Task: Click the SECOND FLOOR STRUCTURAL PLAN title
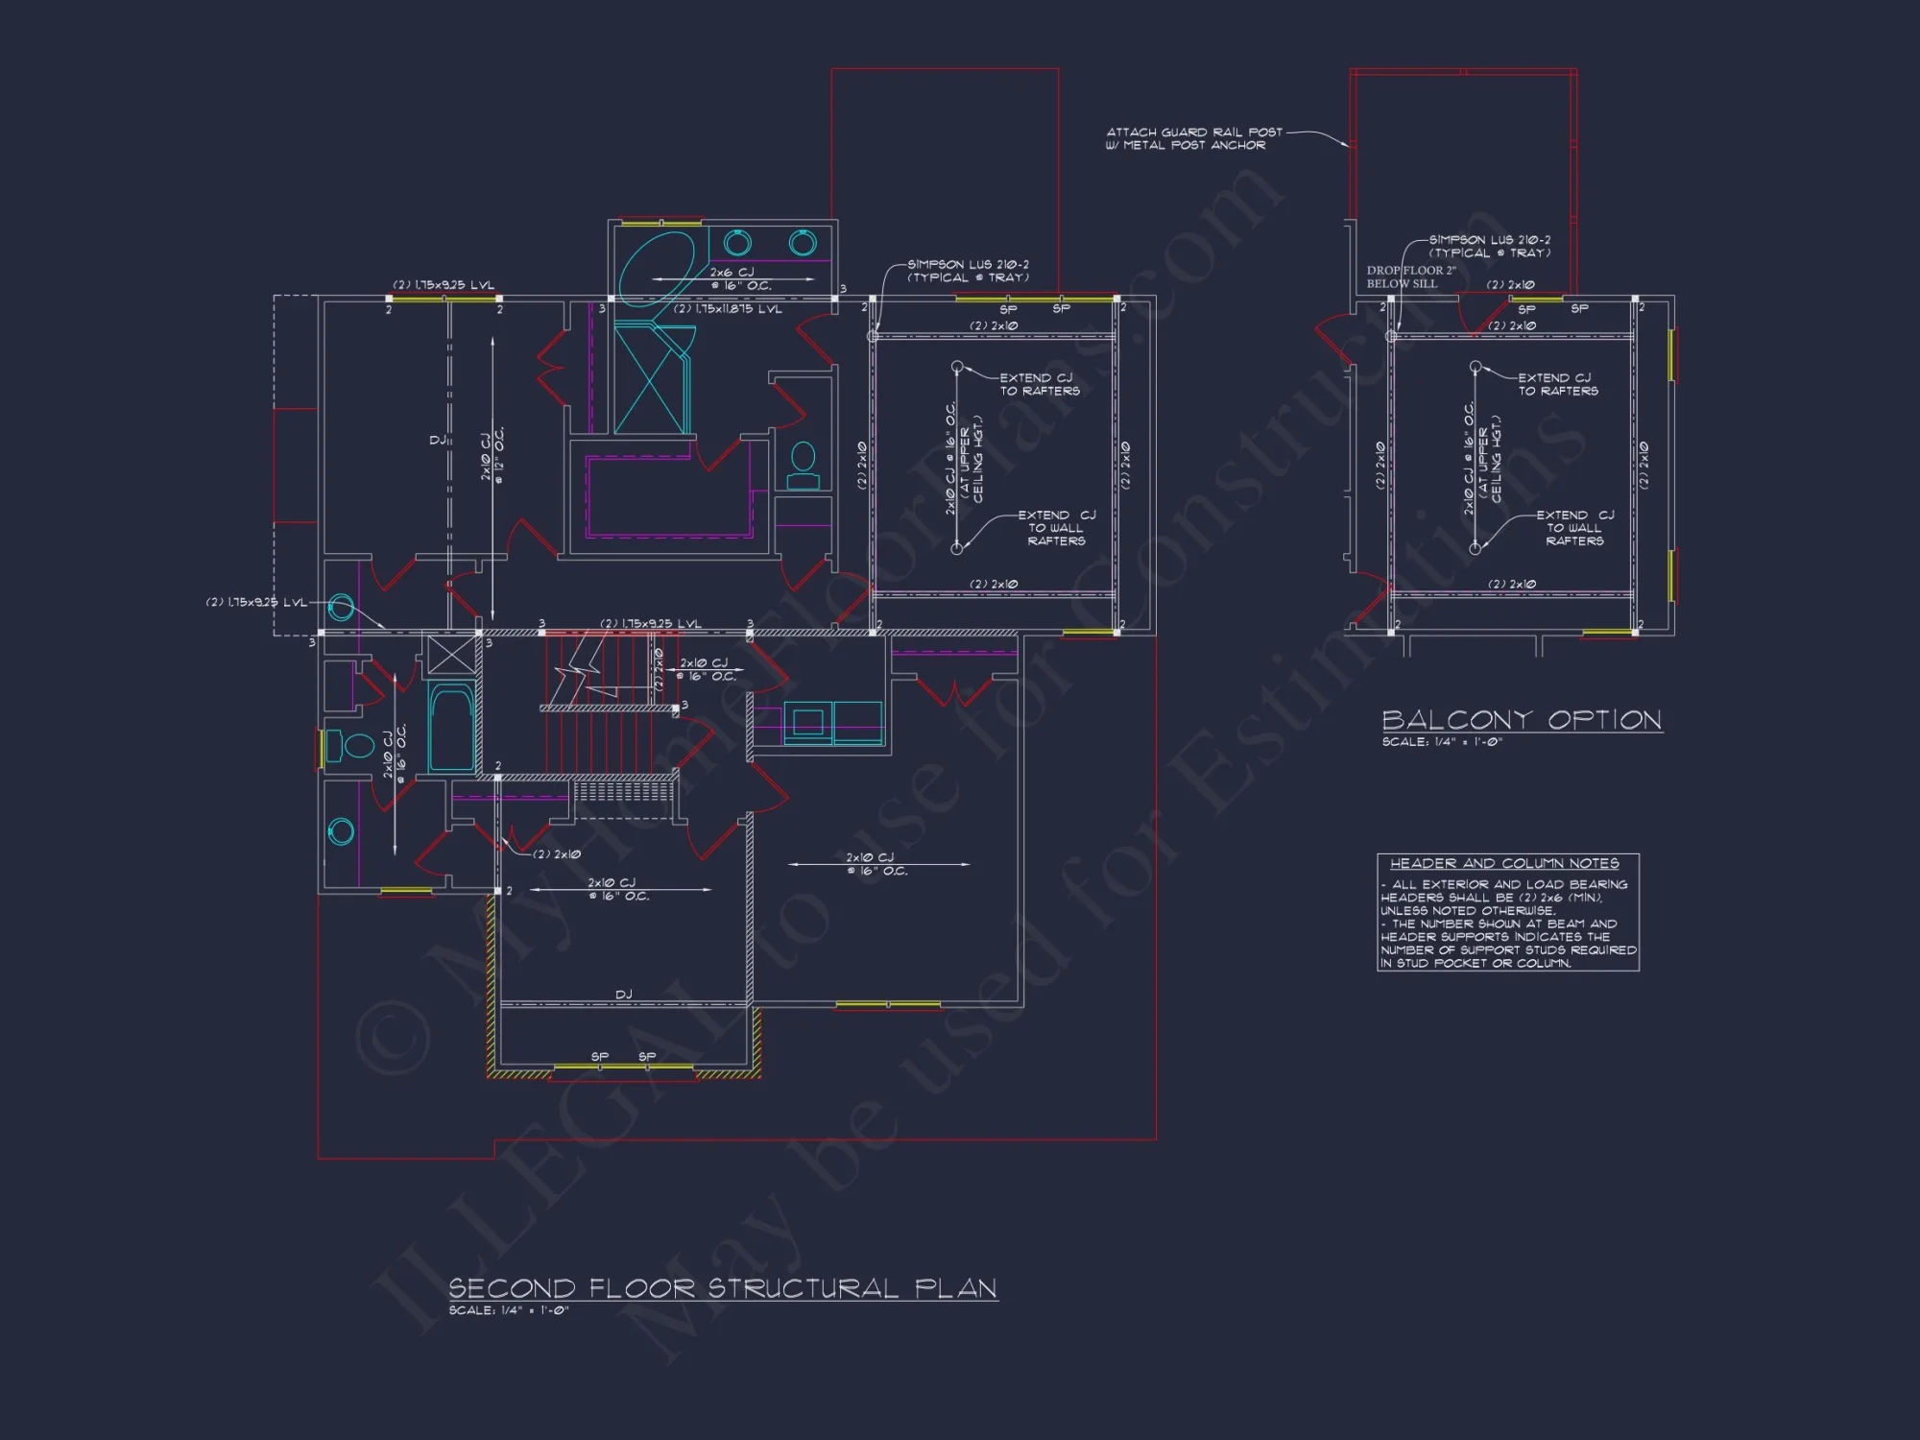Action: [x=722, y=1288]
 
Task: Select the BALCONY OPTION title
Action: [x=1522, y=720]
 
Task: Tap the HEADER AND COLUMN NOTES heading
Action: [x=1504, y=863]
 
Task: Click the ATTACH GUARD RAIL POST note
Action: [x=1193, y=138]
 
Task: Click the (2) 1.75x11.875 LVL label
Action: [x=727, y=309]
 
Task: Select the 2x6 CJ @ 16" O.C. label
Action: [x=739, y=278]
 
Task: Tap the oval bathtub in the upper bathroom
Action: [x=657, y=266]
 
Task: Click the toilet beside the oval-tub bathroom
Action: [x=804, y=466]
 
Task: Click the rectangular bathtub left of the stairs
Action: [x=451, y=727]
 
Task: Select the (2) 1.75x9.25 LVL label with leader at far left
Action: [x=255, y=603]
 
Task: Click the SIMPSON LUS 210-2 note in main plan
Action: [x=968, y=271]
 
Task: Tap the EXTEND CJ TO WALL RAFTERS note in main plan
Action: [x=1056, y=528]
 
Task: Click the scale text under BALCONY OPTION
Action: [x=1441, y=742]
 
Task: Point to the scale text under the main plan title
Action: [x=509, y=1310]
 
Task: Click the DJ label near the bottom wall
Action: [x=623, y=995]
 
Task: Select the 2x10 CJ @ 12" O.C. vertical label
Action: [x=492, y=456]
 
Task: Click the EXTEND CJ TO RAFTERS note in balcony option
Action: [x=1557, y=384]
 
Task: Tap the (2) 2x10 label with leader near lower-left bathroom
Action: [x=556, y=854]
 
